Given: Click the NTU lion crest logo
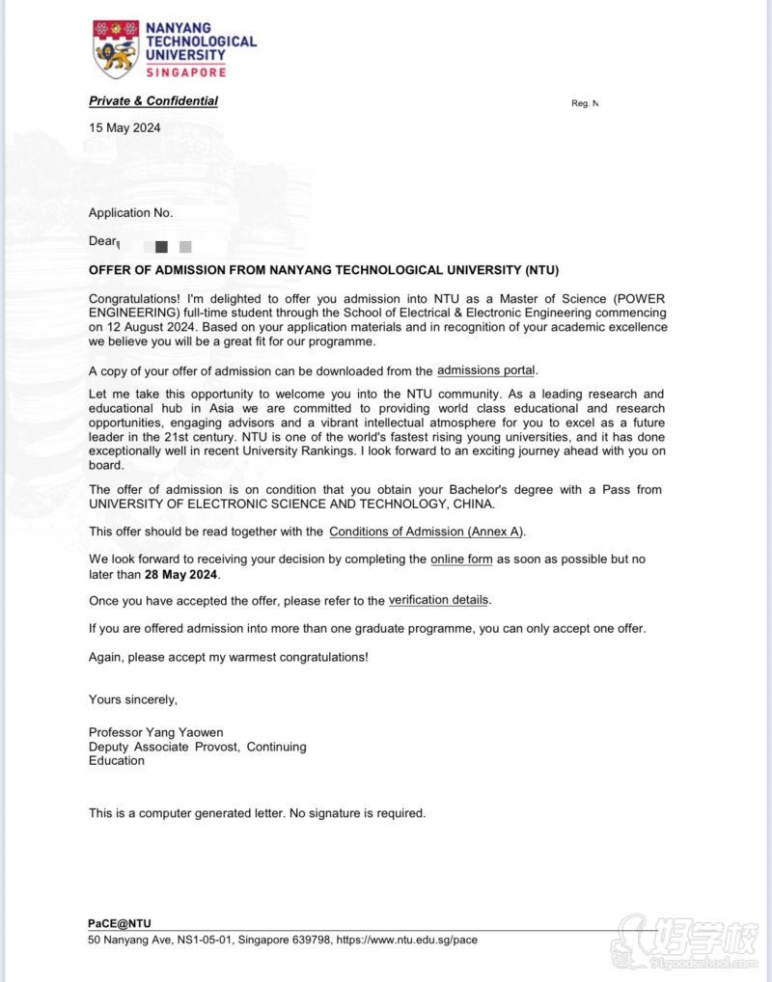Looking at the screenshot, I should pyautogui.click(x=116, y=50).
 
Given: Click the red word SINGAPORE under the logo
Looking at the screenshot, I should pyautogui.click(x=186, y=72).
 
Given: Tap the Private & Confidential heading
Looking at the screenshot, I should pyautogui.click(x=153, y=101).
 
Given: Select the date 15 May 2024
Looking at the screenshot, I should pyautogui.click(x=124, y=127).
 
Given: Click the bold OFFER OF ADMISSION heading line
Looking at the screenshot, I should pyautogui.click(x=323, y=270).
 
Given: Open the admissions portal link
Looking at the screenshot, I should pyautogui.click(x=485, y=370).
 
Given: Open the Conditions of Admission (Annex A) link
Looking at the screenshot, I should pyautogui.click(x=427, y=532).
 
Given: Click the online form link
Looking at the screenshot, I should pyautogui.click(x=461, y=559).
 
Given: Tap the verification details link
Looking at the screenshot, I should pyautogui.click(x=438, y=600).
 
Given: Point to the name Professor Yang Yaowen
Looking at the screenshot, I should pyautogui.click(x=155, y=732).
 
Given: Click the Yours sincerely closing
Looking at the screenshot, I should pyautogui.click(x=133, y=699).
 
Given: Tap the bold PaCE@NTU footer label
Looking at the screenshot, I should pyautogui.click(x=120, y=923).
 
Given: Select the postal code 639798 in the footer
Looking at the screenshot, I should pyautogui.click(x=308, y=940).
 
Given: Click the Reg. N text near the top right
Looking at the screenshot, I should pyautogui.click(x=585, y=103).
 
